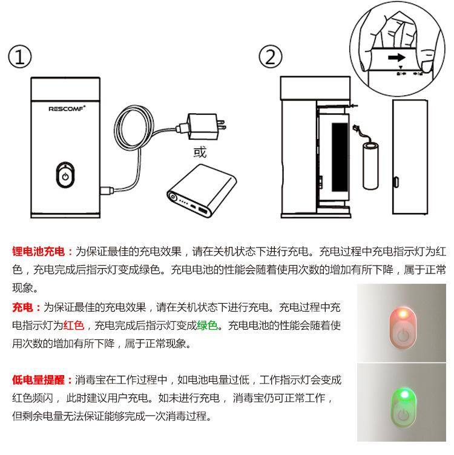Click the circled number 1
click(x=20, y=57)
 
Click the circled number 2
click(x=270, y=57)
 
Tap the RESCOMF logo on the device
click(x=67, y=108)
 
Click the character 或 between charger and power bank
click(x=200, y=152)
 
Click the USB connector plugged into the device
click(x=107, y=191)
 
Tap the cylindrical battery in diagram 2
click(x=370, y=166)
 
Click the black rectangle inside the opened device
click(x=340, y=157)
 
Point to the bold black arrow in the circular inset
click(x=396, y=57)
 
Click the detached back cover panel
click(x=410, y=157)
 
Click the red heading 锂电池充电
click(x=38, y=251)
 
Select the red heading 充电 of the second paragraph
click(x=22, y=307)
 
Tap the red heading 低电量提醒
click(x=38, y=380)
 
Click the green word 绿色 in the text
click(x=207, y=326)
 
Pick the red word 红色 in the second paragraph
click(x=74, y=326)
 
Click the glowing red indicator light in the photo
click(x=403, y=313)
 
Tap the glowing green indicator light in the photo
click(x=404, y=394)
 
